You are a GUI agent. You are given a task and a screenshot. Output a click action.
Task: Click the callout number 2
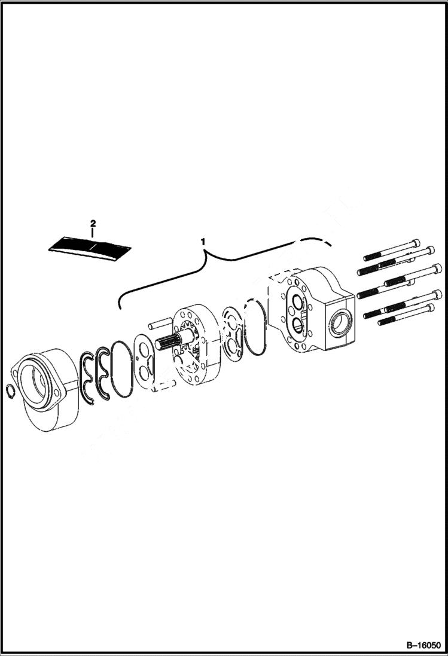tap(93, 223)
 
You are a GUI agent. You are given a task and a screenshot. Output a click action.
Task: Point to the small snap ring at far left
tap(10, 392)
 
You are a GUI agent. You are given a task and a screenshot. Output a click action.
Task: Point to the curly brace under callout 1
tap(221, 263)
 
